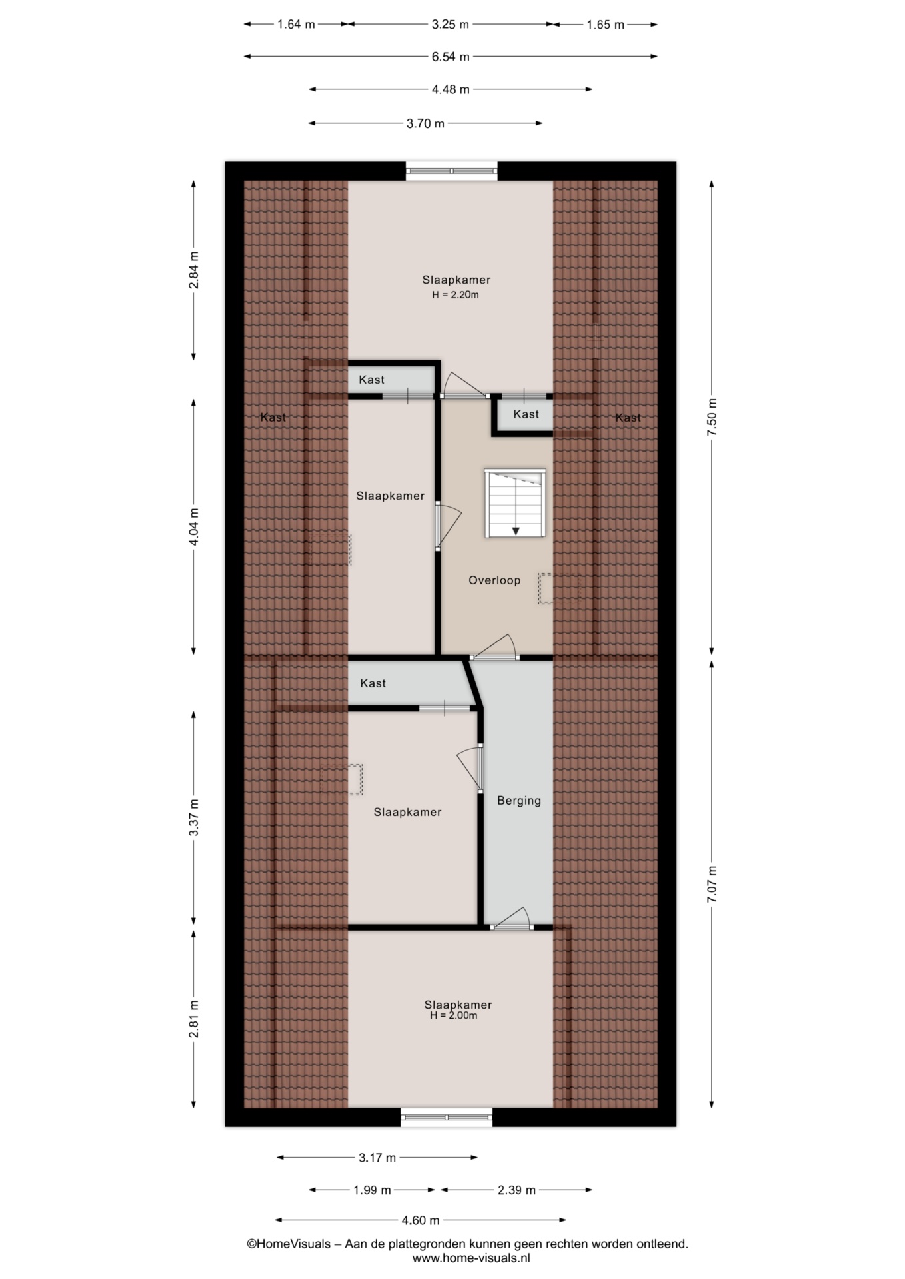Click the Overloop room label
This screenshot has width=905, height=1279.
point(494,580)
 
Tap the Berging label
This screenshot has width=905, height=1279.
point(519,801)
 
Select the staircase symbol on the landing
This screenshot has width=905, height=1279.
point(515,503)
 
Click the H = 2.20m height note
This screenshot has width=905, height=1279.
point(455,294)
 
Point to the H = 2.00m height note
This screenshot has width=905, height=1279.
point(454,1015)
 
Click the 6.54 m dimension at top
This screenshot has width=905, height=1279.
point(451,57)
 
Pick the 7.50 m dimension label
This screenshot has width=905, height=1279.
point(712,417)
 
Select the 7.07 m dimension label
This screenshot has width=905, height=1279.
point(712,884)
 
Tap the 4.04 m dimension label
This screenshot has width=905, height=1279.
point(194,527)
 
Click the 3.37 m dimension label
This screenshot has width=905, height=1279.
point(194,817)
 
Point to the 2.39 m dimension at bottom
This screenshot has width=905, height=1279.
point(517,1190)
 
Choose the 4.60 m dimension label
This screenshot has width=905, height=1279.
point(421,1220)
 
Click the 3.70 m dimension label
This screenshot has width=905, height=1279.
point(425,123)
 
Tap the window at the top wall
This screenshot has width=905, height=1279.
point(452,171)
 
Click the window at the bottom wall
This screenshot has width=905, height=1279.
point(447,1117)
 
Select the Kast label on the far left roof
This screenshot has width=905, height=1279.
point(273,418)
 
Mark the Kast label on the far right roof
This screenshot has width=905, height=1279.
point(628,418)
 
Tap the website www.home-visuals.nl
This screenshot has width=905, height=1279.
point(471,1258)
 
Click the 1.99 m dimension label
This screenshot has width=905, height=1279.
point(372,1190)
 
